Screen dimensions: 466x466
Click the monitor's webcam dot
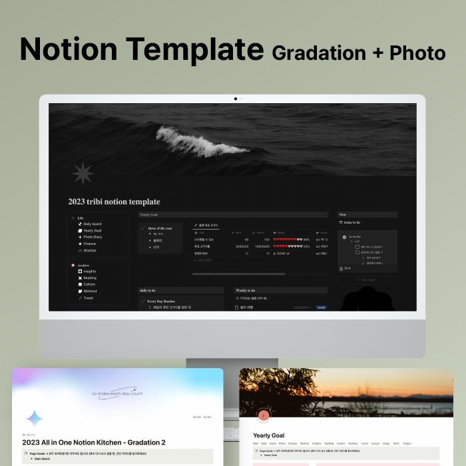pos(235,99)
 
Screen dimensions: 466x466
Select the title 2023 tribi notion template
pos(114,202)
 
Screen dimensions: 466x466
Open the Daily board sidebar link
pos(92,224)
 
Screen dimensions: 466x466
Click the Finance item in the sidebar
pos(89,244)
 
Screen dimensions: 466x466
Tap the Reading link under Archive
pos(90,278)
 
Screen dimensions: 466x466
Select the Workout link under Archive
pos(90,291)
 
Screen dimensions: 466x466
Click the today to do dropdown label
pos(350,222)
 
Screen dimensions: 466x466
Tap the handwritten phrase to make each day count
pos(118,393)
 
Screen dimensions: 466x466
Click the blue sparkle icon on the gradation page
pos(35,418)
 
